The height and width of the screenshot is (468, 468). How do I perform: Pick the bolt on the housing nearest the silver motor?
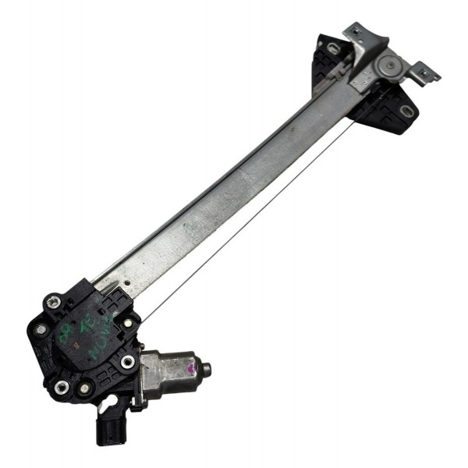pyautogui.click(x=127, y=362)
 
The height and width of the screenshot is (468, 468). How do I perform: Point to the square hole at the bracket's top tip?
pyautogui.click(x=355, y=31)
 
